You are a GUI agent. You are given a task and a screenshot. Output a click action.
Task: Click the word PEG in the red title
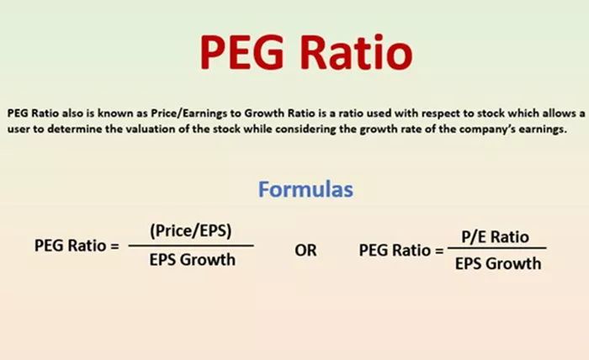click(242, 52)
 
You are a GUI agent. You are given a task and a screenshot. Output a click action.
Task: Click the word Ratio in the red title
click(356, 52)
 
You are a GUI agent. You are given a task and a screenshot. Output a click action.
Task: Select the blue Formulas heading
click(305, 189)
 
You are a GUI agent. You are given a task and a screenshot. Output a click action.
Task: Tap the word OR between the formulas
click(305, 251)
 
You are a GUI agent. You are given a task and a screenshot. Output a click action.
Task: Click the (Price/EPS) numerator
click(191, 230)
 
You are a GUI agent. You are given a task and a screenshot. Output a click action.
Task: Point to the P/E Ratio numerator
click(495, 237)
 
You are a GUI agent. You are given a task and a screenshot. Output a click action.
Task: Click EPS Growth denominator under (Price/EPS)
click(193, 260)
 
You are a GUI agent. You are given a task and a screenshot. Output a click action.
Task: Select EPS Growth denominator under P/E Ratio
click(498, 264)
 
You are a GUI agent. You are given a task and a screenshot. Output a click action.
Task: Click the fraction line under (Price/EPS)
click(191, 246)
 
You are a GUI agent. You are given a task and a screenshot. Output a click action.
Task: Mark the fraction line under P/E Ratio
click(497, 248)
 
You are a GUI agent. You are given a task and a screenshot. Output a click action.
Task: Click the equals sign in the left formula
click(114, 246)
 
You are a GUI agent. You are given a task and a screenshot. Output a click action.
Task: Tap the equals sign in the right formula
click(439, 251)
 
